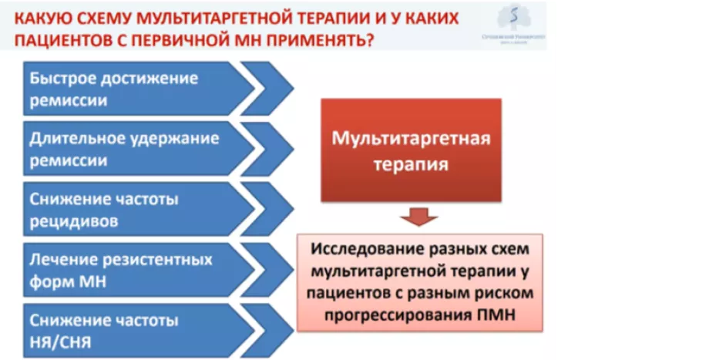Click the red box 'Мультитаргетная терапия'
coord(411,151)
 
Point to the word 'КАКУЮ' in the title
coord(43,16)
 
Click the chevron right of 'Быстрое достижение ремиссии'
coord(270,89)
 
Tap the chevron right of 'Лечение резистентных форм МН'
coord(270,270)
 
